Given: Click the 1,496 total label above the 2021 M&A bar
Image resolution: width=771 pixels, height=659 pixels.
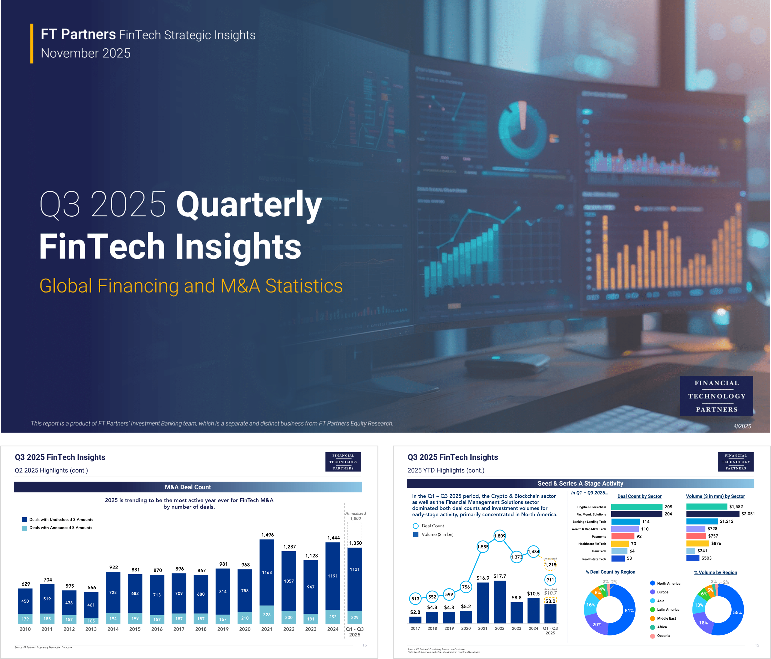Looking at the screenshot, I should coord(267,535).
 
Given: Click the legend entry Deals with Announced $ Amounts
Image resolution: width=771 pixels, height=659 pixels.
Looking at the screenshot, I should coord(61,528).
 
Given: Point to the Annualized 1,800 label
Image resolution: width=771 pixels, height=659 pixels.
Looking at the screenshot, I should coord(355,516).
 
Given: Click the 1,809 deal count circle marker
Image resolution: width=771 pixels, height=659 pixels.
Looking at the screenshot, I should coord(499,536).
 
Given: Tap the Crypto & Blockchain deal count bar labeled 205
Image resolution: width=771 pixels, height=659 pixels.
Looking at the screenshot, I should coord(636,507).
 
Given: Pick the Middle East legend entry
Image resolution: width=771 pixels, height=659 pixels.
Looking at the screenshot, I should coord(666,618).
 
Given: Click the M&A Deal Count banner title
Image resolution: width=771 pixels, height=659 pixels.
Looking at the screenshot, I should coord(188,487).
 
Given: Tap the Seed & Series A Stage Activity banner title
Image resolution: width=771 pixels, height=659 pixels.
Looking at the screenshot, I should coord(580,483).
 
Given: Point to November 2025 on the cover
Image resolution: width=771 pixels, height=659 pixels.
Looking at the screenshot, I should coord(85,53).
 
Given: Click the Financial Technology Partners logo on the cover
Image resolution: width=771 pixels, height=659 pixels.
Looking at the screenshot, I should coord(716,396).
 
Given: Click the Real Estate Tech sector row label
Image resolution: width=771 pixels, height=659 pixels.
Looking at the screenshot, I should coord(594,559).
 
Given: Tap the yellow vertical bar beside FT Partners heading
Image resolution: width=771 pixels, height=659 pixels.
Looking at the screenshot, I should coord(32,43).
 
